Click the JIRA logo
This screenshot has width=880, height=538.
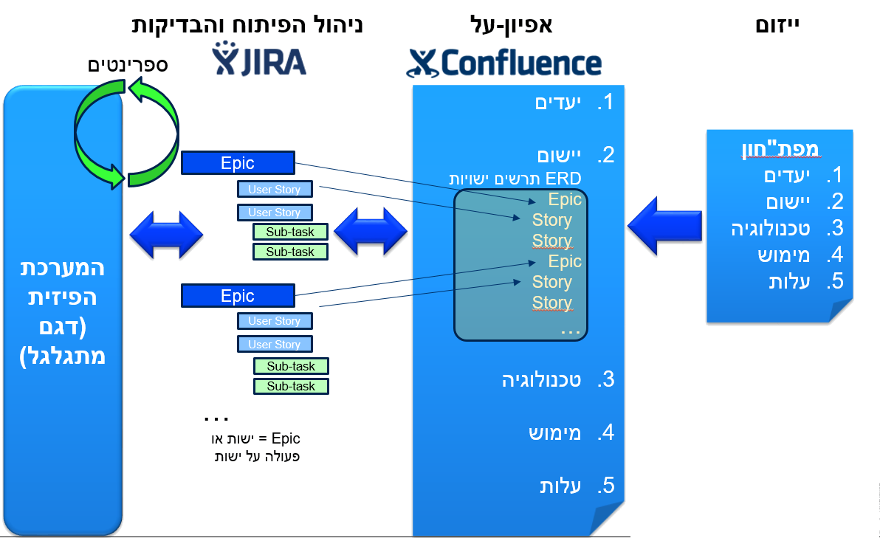click(259, 59)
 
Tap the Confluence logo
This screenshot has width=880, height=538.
click(503, 62)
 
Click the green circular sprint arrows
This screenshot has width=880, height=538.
click(127, 134)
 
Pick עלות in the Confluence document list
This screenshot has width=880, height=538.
click(565, 486)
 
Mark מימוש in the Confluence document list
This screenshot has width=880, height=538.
click(555, 432)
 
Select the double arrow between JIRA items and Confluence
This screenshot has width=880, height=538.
click(371, 231)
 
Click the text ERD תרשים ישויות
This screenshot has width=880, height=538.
click(515, 178)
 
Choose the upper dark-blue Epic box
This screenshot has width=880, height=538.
click(238, 163)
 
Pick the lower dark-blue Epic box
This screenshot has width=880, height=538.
click(238, 296)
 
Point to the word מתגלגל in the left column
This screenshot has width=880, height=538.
click(62, 356)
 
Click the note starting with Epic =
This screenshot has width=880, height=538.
click(255, 446)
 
